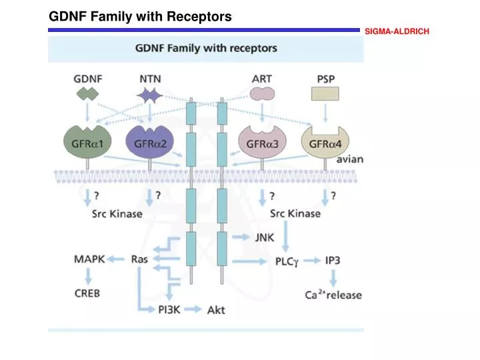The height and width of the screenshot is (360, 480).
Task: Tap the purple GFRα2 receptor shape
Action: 149,142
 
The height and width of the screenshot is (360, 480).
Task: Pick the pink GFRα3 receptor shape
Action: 261,142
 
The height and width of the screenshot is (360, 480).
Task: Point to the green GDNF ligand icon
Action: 87,95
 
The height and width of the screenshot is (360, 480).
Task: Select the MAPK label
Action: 89,259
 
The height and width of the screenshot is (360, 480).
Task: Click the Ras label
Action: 139,259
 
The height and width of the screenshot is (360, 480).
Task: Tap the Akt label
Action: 216,310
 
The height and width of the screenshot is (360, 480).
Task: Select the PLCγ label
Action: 290,261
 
